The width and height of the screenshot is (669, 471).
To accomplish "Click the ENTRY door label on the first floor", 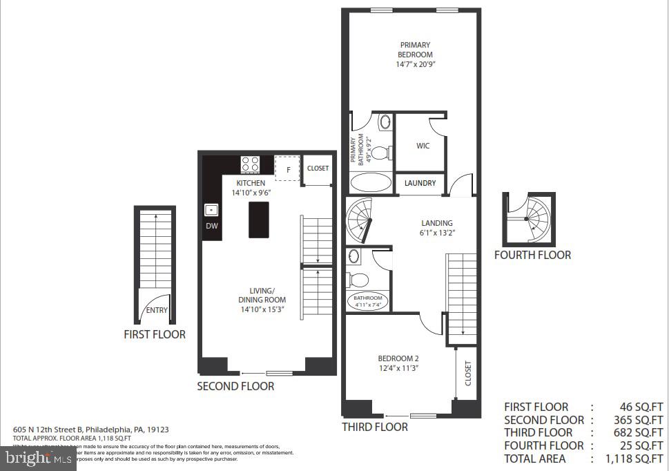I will coord(157,310).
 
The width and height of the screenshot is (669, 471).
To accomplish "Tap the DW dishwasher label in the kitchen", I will coord(212,226).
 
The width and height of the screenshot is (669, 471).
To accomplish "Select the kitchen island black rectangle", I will coord(259,220).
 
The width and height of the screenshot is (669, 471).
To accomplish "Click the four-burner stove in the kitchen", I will coord(250,164).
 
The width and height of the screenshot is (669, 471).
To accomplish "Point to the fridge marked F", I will coord(287,167).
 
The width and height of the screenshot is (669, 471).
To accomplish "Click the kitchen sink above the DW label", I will coord(211,209).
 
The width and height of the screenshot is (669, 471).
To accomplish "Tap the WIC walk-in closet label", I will coord(423,146).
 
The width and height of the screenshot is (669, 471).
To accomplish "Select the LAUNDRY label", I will coord(420,183).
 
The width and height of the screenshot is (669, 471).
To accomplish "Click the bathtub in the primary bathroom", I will coord(369,182).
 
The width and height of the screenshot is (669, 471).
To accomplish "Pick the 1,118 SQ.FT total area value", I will coord(637,459).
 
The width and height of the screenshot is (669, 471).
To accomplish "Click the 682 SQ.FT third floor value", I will coord(643,432).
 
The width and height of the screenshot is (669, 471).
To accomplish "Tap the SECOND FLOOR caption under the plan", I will coord(235,386).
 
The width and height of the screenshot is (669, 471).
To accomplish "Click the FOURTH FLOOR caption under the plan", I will coord(532,255).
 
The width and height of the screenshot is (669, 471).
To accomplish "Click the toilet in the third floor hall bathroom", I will coord(358,280).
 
